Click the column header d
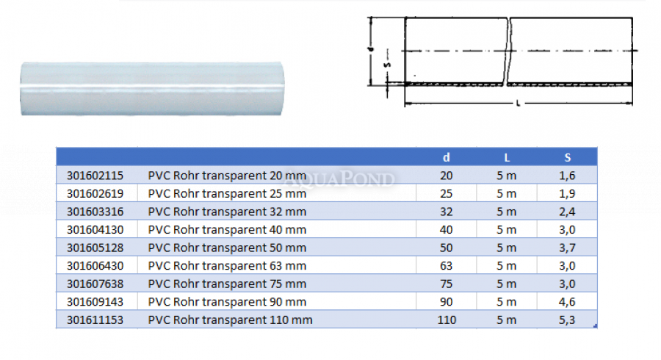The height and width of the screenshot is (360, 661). [x=447, y=157]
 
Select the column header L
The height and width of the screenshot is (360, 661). [x=507, y=158]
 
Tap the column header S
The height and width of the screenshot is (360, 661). [x=568, y=158]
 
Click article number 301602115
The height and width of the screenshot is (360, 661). [x=95, y=176]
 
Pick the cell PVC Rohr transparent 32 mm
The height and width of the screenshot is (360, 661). [x=227, y=212]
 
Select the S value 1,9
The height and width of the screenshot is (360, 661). [x=567, y=194]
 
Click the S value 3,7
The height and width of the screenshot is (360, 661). [x=567, y=248]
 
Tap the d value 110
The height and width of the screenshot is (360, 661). [x=447, y=320]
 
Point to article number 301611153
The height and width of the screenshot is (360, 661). [x=95, y=320]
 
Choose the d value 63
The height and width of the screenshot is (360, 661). [x=446, y=266]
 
